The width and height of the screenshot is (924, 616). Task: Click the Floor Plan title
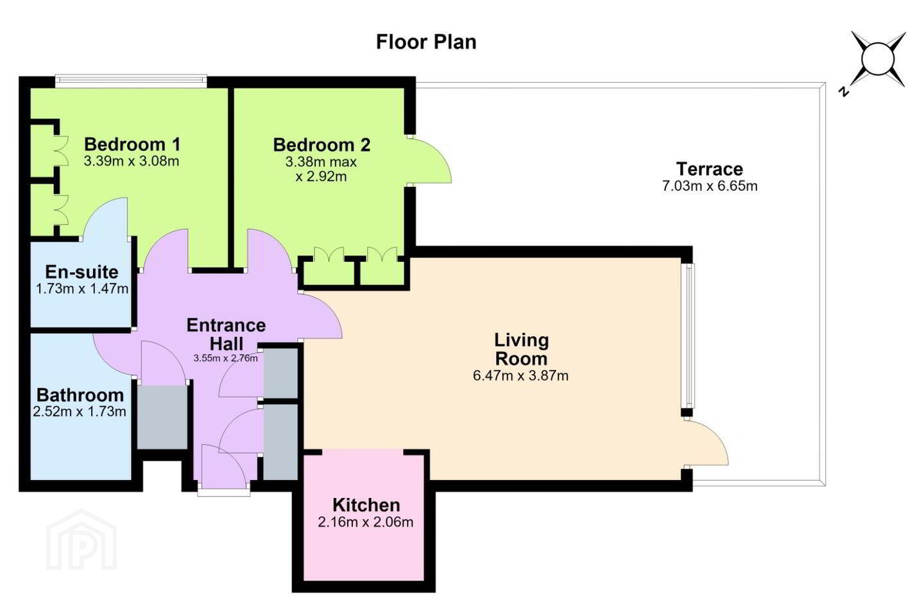(x=426, y=42)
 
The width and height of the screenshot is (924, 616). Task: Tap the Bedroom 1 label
(x=132, y=144)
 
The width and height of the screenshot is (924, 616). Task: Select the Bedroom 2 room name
(x=321, y=145)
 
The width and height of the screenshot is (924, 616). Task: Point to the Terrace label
(x=710, y=169)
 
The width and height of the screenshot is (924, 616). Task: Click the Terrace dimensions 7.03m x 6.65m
(x=710, y=186)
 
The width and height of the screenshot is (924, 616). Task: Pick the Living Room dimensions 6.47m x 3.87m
(x=520, y=376)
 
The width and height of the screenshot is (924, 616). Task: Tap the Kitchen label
(x=366, y=505)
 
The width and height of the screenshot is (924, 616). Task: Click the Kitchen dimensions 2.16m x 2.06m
(x=366, y=522)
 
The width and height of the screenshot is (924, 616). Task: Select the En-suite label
(x=81, y=272)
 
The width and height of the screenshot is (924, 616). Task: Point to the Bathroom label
(x=80, y=395)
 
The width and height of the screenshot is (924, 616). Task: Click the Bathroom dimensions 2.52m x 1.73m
(x=80, y=412)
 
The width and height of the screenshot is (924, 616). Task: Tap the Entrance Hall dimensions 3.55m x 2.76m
(x=226, y=358)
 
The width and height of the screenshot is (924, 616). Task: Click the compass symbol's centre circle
(x=878, y=59)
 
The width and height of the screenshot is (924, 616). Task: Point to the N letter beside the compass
(x=844, y=92)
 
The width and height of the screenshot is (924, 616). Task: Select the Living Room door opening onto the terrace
(x=706, y=442)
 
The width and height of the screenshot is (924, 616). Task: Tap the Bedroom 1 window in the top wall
(x=131, y=81)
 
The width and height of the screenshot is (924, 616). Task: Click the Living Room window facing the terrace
(x=690, y=336)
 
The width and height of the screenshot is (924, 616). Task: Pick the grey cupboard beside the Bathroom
(x=162, y=417)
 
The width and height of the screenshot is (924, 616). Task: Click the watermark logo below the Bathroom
(x=81, y=540)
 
